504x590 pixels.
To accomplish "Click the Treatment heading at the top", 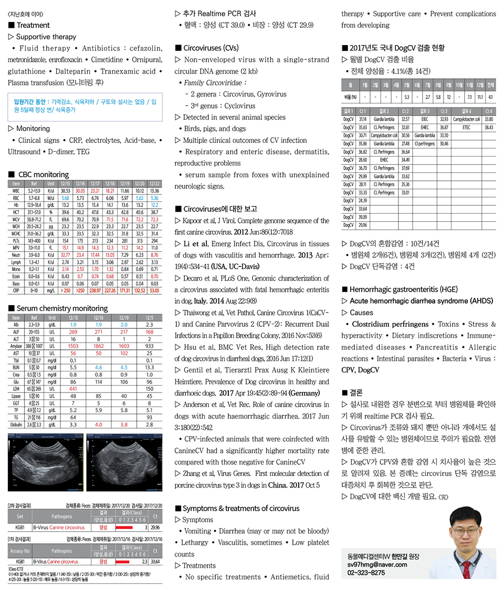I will tap(33, 25).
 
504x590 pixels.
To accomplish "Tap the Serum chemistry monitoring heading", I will tap(61, 308).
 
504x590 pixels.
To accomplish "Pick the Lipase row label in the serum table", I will tap(16, 396).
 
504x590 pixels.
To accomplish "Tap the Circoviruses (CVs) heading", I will tap(209, 48).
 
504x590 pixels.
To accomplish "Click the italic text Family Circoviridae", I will tap(215, 82).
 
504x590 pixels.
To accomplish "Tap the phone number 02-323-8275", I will tap(366, 573).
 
